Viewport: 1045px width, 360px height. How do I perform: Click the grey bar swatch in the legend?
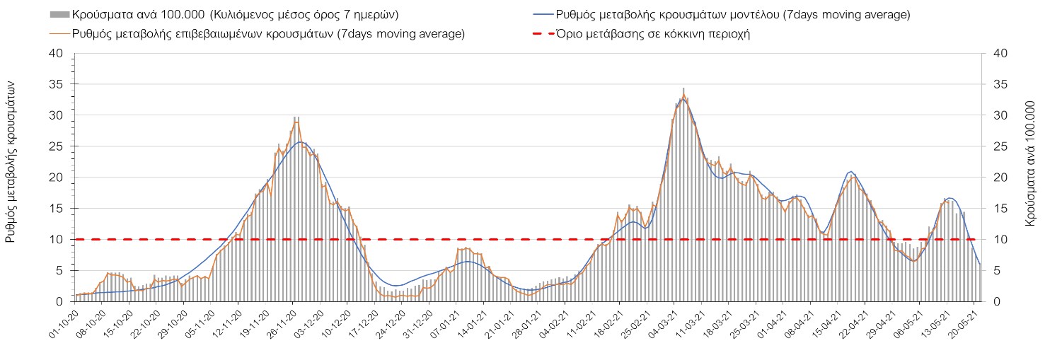point(59,14)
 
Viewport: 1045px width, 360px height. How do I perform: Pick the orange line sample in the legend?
point(59,33)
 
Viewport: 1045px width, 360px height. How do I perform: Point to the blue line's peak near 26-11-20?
point(301,142)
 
